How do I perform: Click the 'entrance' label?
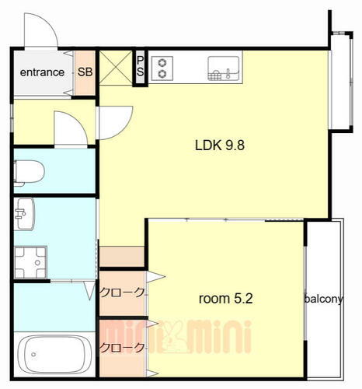tap(42, 72)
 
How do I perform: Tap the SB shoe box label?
tap(85, 72)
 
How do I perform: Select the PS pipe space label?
tap(140, 66)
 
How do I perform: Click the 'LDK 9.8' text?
tap(220, 145)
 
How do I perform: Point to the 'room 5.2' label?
tap(225, 299)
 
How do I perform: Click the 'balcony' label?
tap(324, 299)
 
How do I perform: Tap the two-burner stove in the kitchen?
tap(162, 68)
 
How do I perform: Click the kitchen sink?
tap(224, 68)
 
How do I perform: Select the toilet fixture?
tap(29, 172)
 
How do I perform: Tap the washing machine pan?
tap(30, 262)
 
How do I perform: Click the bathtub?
tap(54, 354)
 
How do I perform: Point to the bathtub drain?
tap(33, 354)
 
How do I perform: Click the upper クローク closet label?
tap(122, 293)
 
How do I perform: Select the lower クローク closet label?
tap(122, 347)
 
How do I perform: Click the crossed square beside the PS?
tap(116, 68)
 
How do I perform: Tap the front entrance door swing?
tap(40, 30)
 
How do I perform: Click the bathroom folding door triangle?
tap(90, 290)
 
